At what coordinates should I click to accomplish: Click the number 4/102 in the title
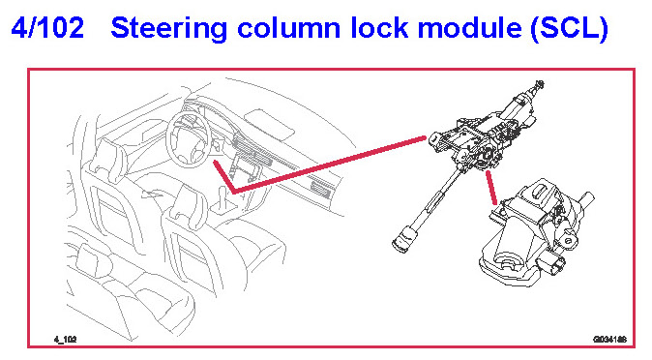(47, 27)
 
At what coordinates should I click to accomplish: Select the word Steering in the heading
(169, 29)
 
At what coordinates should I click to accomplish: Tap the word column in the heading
(289, 28)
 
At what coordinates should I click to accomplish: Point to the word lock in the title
(379, 27)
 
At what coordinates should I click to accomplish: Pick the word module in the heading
(469, 27)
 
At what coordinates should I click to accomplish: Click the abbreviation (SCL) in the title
(569, 28)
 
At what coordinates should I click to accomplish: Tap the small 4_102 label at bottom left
(65, 340)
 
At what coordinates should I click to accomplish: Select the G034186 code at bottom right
(609, 340)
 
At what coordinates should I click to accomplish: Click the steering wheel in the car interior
(188, 139)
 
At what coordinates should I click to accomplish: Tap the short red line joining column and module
(491, 188)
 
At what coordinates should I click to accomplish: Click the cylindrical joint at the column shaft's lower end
(404, 240)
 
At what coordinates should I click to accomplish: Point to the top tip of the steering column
(540, 84)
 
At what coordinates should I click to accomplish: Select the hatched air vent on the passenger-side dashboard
(320, 189)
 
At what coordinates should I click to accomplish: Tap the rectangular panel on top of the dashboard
(270, 124)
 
